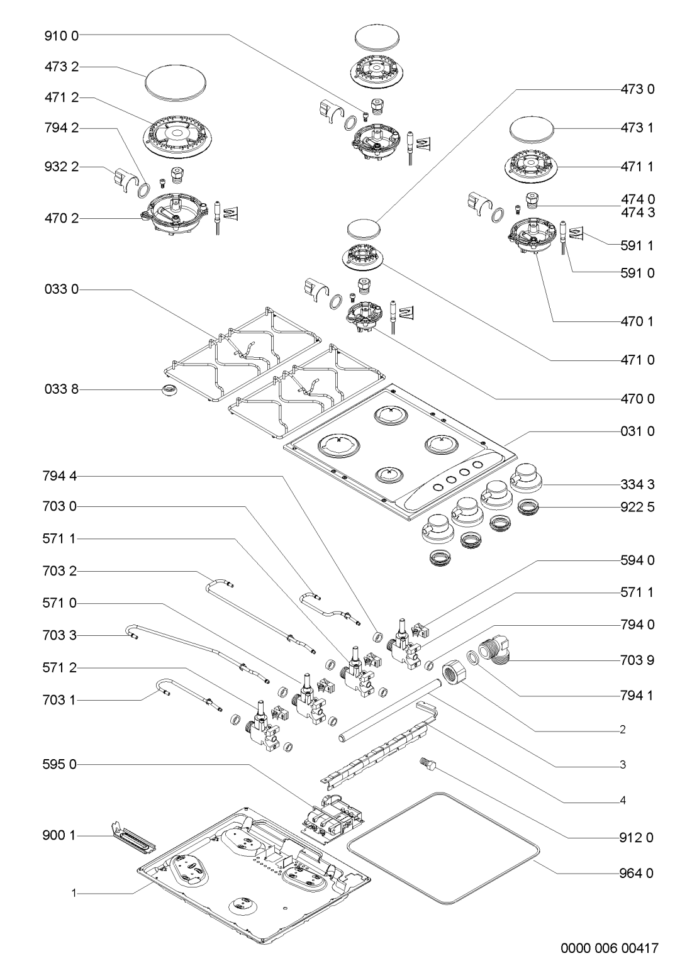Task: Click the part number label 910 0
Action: [x=61, y=36]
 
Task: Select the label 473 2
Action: [x=61, y=67]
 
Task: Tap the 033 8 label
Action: [x=61, y=389]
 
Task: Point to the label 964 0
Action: [x=636, y=873]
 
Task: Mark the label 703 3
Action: [x=60, y=635]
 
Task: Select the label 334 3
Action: [x=637, y=484]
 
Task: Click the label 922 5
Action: [x=637, y=508]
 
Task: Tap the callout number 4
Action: [x=623, y=800]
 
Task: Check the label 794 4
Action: [x=60, y=476]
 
